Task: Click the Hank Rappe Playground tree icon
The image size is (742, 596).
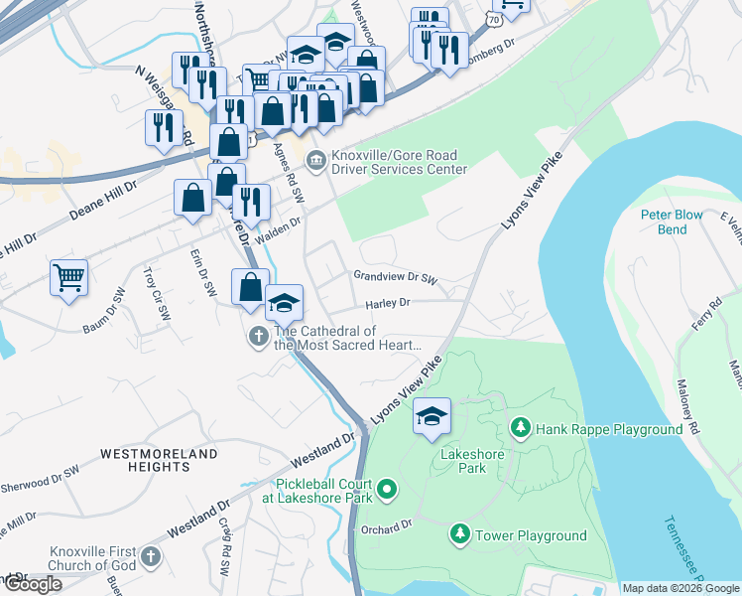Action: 519,428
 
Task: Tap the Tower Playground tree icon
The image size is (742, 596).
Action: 459,534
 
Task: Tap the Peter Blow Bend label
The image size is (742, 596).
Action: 672,222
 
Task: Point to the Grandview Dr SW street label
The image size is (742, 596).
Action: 395,279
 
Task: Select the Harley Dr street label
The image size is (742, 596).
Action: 387,302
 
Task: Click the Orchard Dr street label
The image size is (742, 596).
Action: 386,525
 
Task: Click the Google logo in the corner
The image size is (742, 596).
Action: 32,584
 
